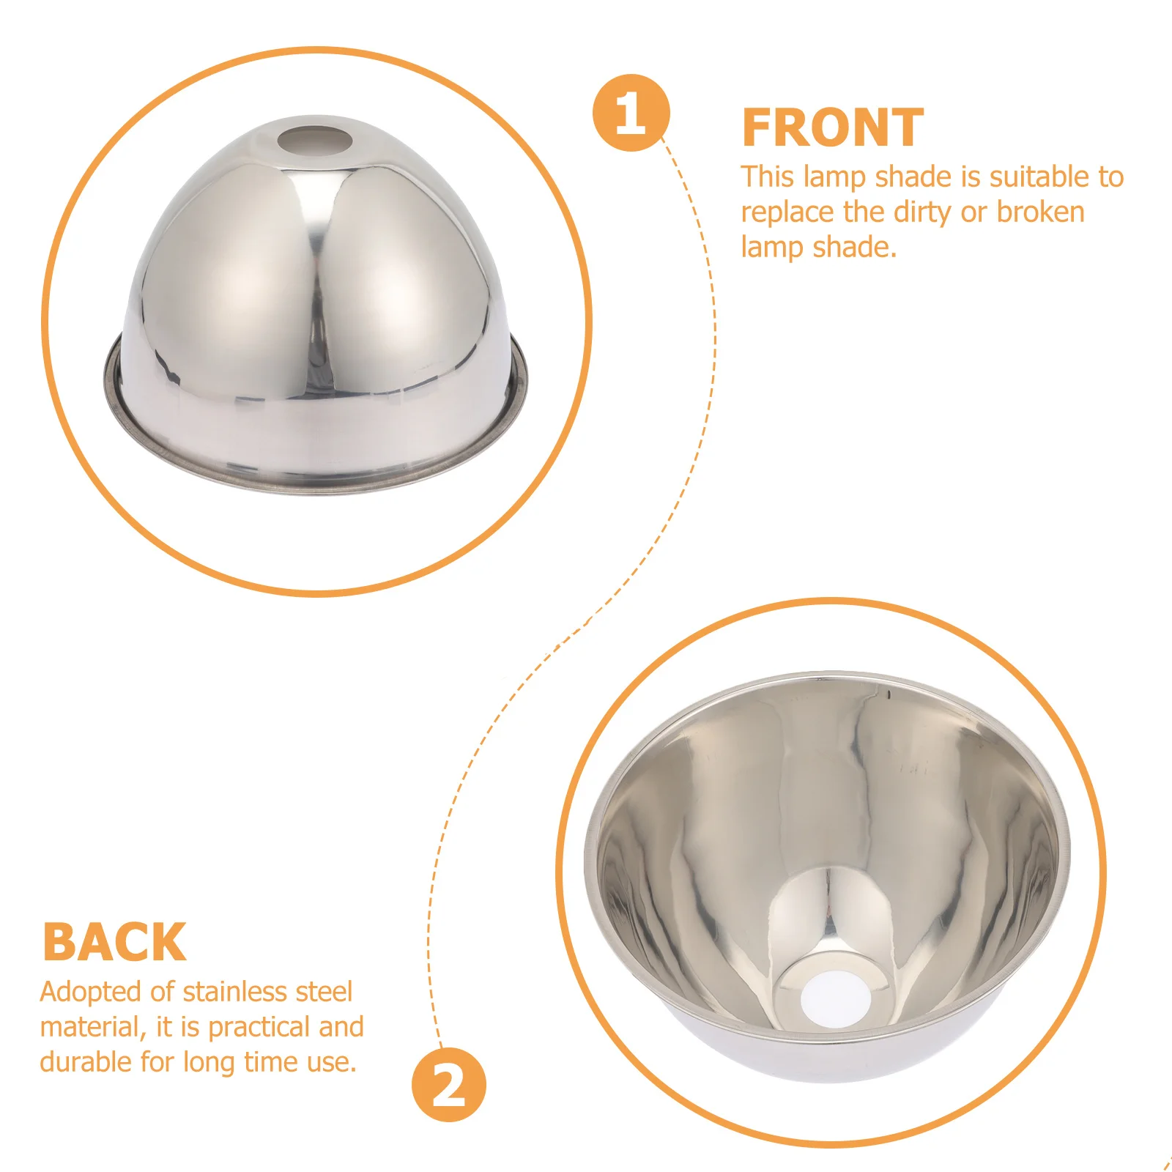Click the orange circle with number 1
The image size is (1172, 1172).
pos(631,113)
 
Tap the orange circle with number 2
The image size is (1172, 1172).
pos(448,1085)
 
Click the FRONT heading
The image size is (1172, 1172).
pos(832,128)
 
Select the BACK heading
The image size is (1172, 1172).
pos(114,942)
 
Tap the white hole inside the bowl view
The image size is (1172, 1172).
pos(836,998)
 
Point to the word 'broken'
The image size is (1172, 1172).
pos(1040,212)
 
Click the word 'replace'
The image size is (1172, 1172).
pos(787,212)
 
